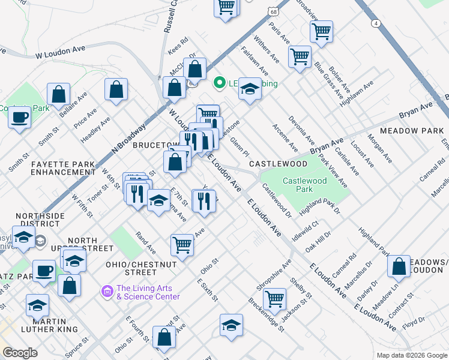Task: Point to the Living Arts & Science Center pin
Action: [108, 292]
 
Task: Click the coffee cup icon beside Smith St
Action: [20, 116]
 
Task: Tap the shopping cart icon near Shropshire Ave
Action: [274, 298]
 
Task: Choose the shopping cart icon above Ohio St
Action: [182, 244]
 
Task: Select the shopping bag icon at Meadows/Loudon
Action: [399, 265]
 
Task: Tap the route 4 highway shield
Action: [376, 23]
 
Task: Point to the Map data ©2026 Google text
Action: [412, 355]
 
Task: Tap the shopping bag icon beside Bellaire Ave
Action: [59, 94]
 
